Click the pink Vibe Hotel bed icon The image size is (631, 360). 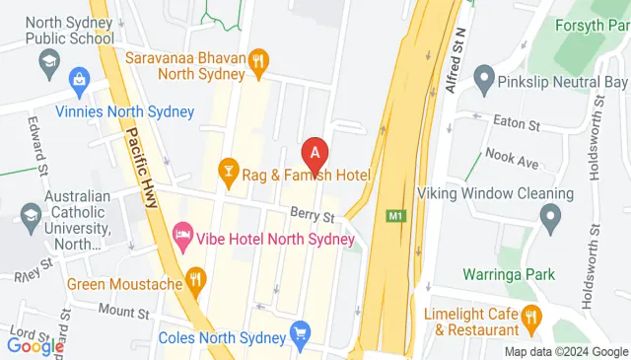pos(182,235)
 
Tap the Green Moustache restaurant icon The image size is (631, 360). pos(196,281)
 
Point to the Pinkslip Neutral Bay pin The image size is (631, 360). pos(483,76)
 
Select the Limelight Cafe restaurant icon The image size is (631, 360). pos(533,317)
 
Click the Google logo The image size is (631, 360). pos(35,346)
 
